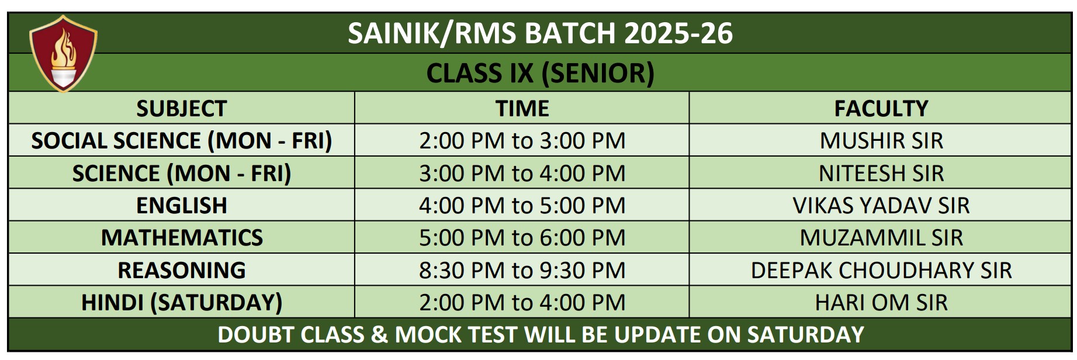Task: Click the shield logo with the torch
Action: click(x=63, y=53)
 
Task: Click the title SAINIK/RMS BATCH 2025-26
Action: click(x=540, y=33)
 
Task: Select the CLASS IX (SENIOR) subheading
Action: click(x=540, y=73)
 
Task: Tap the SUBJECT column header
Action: click(x=181, y=108)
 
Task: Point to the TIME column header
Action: click(x=522, y=108)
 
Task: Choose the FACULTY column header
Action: click(x=881, y=108)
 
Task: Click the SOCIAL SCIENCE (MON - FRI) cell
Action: click(x=181, y=140)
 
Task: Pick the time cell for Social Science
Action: click(x=522, y=140)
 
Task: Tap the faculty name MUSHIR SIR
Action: click(x=881, y=140)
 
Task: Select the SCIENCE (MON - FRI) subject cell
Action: click(x=181, y=173)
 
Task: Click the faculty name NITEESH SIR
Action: click(x=881, y=173)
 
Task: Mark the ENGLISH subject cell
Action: click(x=181, y=205)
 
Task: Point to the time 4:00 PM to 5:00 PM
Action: click(x=522, y=205)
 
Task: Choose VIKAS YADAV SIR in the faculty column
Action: click(x=881, y=205)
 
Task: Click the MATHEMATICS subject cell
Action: click(x=181, y=237)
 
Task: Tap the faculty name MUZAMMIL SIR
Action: click(x=881, y=237)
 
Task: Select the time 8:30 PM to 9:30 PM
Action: click(x=522, y=270)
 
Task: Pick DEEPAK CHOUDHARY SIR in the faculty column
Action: click(x=881, y=270)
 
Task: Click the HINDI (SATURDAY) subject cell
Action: click(x=181, y=302)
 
